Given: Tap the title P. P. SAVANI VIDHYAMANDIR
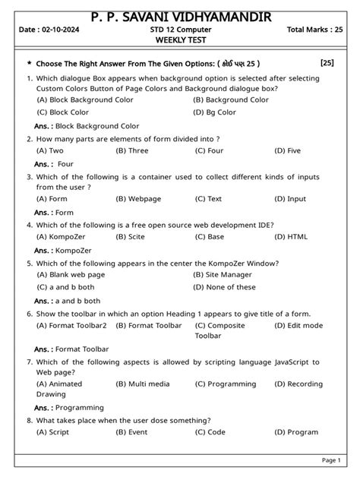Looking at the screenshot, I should click(180, 16).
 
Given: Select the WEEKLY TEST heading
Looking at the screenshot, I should click(179, 41).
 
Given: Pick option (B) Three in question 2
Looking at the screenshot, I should click(131, 150).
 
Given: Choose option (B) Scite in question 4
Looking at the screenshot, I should click(130, 236).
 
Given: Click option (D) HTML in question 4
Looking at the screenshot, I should click(291, 236).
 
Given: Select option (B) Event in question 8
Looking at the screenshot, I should click(131, 432).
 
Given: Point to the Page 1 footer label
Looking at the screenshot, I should click(330, 460).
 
